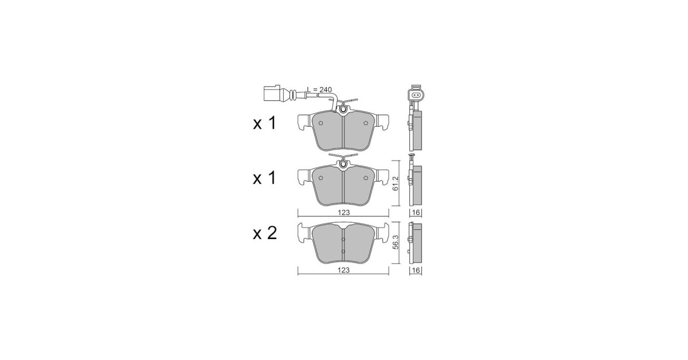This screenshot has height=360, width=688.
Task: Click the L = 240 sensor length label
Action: [x=319, y=89]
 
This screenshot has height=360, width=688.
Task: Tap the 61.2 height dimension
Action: [x=396, y=183]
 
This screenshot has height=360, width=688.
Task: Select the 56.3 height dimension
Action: [x=396, y=242]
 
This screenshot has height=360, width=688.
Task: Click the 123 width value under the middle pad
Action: [x=343, y=213]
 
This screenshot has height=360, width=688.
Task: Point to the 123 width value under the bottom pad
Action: [x=343, y=271]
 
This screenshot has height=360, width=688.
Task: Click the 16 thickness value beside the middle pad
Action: [x=416, y=213]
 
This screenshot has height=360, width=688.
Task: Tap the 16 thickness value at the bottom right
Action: [x=416, y=271]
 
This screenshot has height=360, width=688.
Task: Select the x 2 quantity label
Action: [x=265, y=233]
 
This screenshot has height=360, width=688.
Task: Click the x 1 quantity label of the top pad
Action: [x=265, y=123]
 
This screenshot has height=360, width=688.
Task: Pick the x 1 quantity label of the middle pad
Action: [x=265, y=178]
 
